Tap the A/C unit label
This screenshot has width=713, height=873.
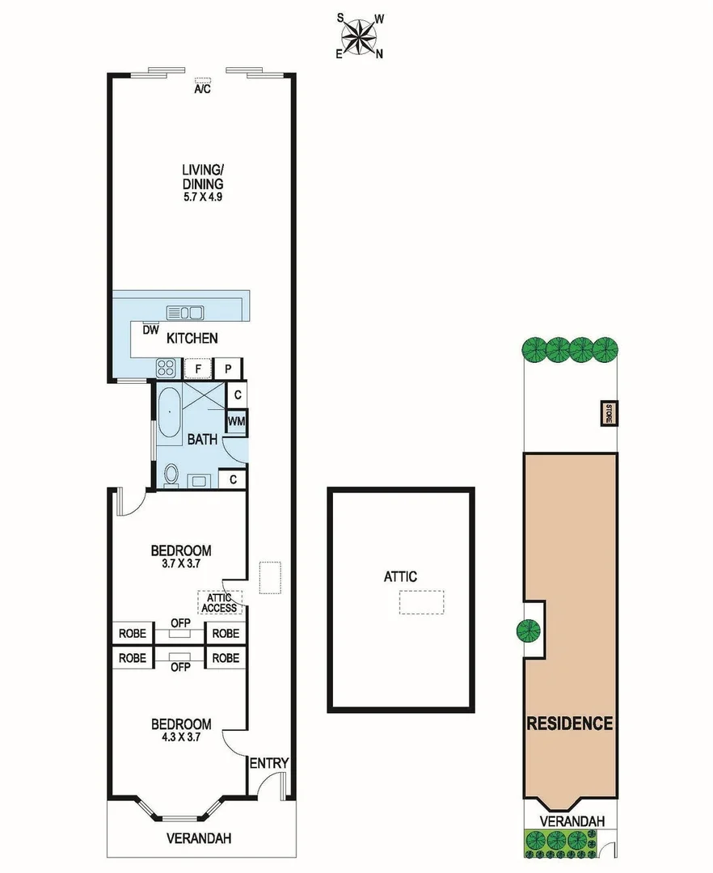[202, 89]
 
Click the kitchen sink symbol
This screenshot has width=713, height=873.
[186, 312]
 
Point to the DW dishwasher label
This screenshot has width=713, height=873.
[150, 330]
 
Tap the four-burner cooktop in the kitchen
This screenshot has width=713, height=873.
[166, 369]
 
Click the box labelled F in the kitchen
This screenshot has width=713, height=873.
[197, 369]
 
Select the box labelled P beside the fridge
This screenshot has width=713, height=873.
[229, 369]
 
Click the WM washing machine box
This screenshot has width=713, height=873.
[236, 422]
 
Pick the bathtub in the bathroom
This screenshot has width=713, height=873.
[169, 414]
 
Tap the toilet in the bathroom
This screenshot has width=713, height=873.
[171, 478]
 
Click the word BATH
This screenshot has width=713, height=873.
[202, 441]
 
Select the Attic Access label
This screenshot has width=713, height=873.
[219, 602]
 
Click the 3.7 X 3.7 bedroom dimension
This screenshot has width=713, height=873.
[181, 566]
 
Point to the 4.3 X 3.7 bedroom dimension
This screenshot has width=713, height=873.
[181, 737]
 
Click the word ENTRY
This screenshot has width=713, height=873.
[268, 763]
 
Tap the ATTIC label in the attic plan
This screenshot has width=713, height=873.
[400, 576]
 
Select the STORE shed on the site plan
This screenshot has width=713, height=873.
[606, 413]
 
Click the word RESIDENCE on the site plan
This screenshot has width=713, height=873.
[570, 723]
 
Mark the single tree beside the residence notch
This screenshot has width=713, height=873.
[529, 630]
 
